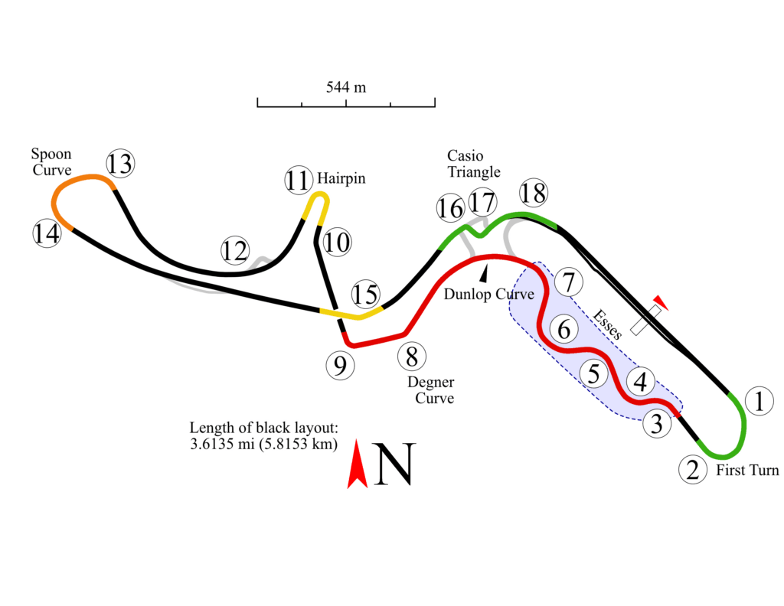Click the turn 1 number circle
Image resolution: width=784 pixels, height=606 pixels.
point(758,401)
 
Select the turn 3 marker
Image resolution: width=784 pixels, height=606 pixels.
point(657,423)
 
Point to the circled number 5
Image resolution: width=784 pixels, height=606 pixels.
point(593,374)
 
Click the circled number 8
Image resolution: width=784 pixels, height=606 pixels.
point(412,356)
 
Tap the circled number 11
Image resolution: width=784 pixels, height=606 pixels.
point(299,181)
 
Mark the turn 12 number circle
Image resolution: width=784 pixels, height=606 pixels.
point(235,250)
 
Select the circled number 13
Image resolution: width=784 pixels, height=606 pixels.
point(119,163)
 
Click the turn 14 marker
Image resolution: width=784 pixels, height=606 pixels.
point(47,233)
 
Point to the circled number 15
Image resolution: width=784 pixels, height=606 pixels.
point(365,294)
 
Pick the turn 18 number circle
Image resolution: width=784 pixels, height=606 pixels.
point(533,193)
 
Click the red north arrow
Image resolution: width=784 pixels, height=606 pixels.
point(356,464)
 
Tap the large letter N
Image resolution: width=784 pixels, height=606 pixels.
point(393,464)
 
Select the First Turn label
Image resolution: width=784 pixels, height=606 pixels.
point(747,470)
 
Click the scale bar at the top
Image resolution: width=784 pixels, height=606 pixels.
point(346,102)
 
